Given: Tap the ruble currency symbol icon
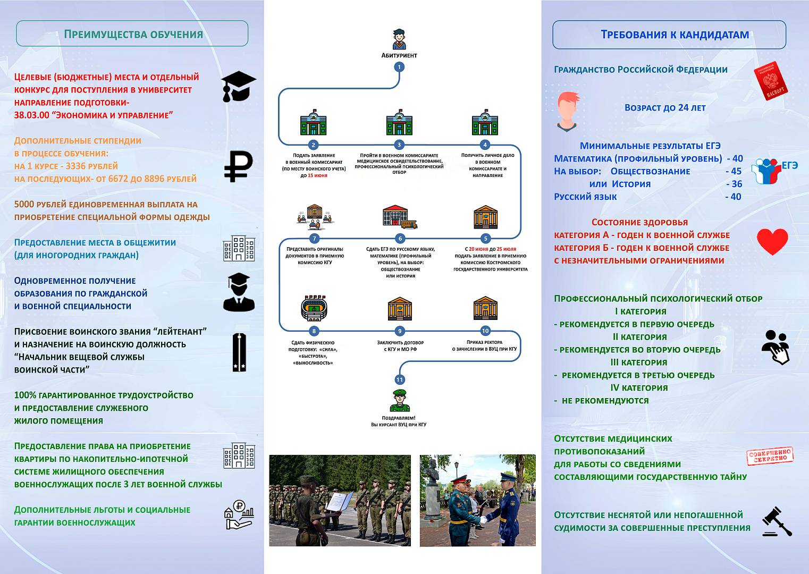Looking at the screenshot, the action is point(238,166).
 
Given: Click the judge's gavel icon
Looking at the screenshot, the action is point(777,521).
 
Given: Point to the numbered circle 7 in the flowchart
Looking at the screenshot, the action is point(314,239).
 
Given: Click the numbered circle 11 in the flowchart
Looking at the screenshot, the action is point(399,379).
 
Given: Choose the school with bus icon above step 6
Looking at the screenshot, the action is point(400,217).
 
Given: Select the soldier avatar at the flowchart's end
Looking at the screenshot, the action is point(399,400).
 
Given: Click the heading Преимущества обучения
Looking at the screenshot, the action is point(133,35).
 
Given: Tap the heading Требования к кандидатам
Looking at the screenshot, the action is point(675,35).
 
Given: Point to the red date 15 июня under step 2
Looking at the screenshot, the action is point(317,175).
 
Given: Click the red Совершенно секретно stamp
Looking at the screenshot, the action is point(770,456).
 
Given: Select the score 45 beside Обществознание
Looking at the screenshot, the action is point(736,171).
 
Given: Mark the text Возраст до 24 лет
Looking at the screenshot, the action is point(665,108).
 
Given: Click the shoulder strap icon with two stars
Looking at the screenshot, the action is point(239,352).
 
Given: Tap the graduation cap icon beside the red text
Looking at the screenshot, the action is point(238,86).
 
